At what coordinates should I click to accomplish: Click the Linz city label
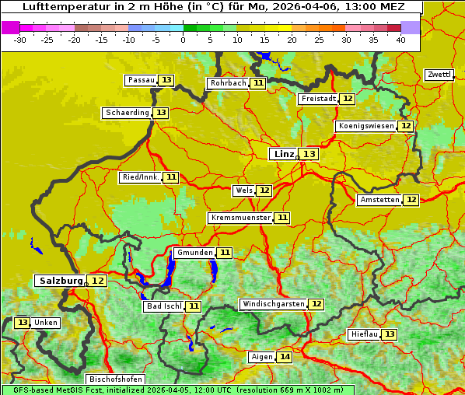pos(283,154)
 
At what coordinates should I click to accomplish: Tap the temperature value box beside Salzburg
pos(97,281)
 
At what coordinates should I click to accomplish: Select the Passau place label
pos(141,80)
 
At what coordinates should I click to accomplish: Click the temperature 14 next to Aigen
pos(285,357)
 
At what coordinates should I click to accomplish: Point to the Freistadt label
pos(318,99)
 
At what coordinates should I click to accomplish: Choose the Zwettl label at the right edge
pos(439,75)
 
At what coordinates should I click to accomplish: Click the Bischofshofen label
pos(116,379)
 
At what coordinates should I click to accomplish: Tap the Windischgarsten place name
pos(273,304)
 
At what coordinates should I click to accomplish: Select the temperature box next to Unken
pos(22,323)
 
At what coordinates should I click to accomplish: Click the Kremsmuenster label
pos(240,218)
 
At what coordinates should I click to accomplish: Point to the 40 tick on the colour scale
pos(400,39)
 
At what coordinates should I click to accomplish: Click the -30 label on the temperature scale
pos(20,39)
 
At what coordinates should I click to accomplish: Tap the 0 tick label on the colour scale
pos(183,39)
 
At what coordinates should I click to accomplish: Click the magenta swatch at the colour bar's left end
pos(11,26)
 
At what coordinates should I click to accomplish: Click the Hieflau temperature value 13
pos(390,334)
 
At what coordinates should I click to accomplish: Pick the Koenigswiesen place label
pos(365,126)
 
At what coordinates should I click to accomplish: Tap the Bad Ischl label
pos(163,306)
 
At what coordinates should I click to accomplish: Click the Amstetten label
pos(379,200)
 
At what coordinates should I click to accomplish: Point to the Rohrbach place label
pos(228,83)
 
